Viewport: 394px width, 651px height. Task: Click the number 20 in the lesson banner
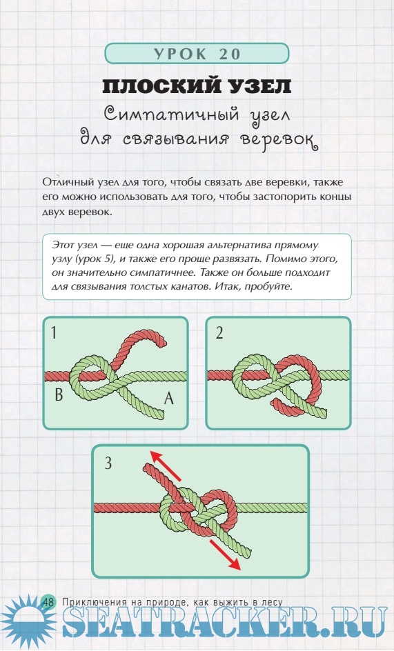click(230, 54)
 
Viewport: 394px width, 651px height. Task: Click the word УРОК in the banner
click(179, 54)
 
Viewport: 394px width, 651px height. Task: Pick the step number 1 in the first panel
click(54, 332)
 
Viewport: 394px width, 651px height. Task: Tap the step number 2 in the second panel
click(219, 332)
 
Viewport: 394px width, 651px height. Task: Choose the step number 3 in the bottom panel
click(108, 463)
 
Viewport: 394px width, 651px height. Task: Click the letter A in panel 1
click(168, 399)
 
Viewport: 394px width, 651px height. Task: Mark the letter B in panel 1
click(59, 394)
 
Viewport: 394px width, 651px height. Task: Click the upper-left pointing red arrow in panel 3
click(166, 466)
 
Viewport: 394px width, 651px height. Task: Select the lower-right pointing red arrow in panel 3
click(226, 554)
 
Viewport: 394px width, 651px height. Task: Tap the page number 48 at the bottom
click(48, 601)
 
